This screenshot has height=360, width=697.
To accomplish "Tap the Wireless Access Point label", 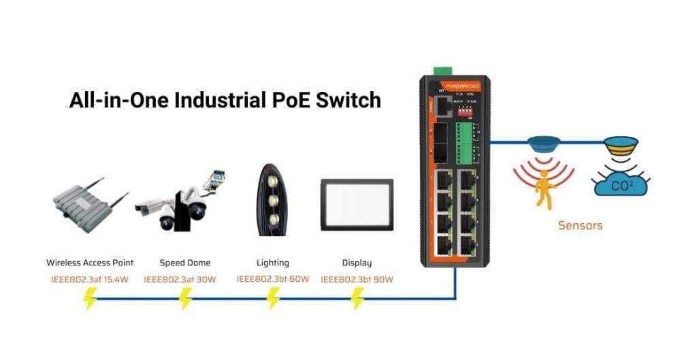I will tap(90, 263).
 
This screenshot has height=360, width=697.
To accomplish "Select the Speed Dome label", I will tap(185, 263).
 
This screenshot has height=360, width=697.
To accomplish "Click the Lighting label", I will tap(272, 263).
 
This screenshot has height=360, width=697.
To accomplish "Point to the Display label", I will tap(357, 263).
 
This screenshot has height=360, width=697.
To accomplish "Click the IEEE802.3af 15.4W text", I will tap(90, 279).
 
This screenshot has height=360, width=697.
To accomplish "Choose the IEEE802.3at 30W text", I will tap(180, 279).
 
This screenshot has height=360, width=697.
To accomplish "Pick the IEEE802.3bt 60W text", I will tap(272, 279).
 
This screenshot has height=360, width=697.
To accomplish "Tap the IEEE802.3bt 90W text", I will tap(357, 279).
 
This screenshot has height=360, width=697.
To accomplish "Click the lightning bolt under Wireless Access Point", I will tap(90, 299).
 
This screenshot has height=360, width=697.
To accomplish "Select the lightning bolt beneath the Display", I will tap(357, 299).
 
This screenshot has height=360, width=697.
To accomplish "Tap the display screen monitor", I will tap(357, 204).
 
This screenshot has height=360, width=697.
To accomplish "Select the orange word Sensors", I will tap(580, 225).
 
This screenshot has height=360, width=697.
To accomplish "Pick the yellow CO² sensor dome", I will tap(621, 145).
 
